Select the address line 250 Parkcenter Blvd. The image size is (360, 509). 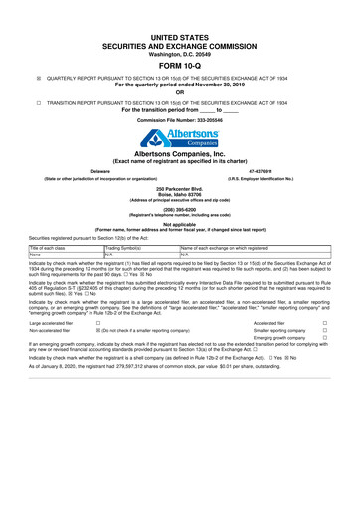point(179,188)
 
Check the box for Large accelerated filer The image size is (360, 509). point(97,352)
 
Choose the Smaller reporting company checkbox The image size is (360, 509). point(324,361)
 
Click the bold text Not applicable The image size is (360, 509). point(179,223)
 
